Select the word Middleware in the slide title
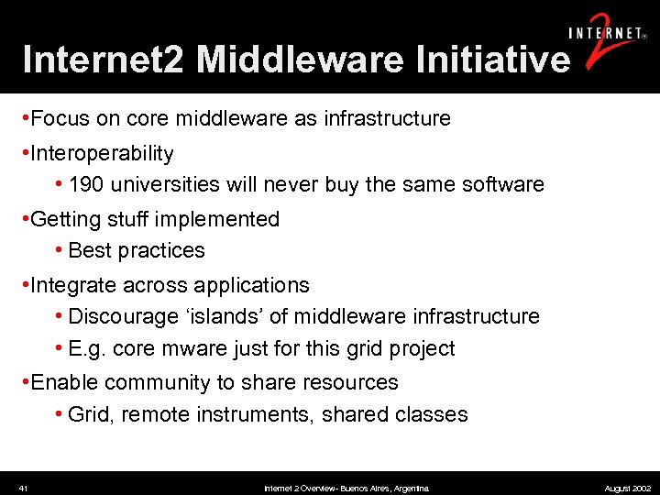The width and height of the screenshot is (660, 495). tap(300, 60)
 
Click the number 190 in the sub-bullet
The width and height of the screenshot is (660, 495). tap(86, 184)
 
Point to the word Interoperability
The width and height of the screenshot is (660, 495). tap(102, 153)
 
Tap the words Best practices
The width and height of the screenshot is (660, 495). tap(137, 250)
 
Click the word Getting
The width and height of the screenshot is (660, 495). tap(65, 219)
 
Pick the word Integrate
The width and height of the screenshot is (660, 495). tap(72, 285)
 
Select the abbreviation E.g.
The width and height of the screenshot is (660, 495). tap(88, 348)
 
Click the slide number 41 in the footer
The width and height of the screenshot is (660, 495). tap(23, 489)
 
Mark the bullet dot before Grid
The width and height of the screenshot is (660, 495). tap(60, 414)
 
